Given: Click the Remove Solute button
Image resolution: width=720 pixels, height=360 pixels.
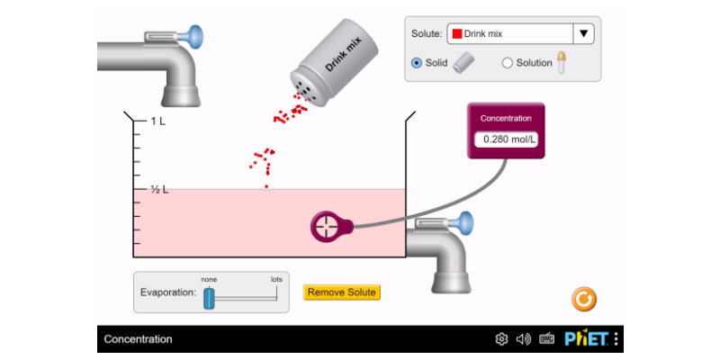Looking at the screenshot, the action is (x=342, y=292).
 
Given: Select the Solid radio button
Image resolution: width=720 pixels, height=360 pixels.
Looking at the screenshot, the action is (x=417, y=63).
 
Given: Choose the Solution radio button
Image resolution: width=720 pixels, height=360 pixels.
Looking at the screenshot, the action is (x=507, y=63).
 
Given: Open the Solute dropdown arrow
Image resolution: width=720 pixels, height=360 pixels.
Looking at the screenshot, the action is (x=583, y=33).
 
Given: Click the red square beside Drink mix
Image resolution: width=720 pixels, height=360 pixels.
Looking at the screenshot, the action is (x=457, y=33).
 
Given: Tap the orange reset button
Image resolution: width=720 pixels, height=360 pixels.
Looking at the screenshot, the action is (x=584, y=300).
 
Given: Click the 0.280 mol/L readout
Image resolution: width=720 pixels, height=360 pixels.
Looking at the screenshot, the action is (x=506, y=139).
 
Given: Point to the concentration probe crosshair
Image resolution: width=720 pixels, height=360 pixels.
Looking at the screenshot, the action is (x=327, y=227).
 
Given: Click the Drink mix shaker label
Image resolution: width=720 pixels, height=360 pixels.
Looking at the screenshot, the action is (x=344, y=54).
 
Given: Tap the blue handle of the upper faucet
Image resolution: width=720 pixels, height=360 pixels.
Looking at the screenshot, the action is (x=194, y=35).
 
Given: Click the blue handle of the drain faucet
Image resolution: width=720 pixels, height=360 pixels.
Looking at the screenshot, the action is (x=464, y=221).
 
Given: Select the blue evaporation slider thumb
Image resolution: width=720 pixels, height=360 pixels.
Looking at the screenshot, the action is (x=209, y=299).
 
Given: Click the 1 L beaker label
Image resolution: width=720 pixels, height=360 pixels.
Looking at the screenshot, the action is (x=158, y=121).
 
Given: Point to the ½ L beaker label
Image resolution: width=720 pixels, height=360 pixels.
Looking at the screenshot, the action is (x=159, y=189).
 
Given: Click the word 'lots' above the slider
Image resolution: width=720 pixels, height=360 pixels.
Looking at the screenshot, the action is (x=276, y=279).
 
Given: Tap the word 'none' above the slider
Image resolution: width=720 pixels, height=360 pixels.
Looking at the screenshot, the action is (x=209, y=279).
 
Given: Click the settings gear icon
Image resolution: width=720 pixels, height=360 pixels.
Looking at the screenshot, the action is (x=501, y=339).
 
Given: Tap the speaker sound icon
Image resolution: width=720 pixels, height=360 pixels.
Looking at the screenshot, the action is (x=524, y=339).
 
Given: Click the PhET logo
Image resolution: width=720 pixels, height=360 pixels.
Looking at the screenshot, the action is (x=587, y=339).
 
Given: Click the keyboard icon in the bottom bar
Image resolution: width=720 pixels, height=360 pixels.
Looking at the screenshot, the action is (x=546, y=339).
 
